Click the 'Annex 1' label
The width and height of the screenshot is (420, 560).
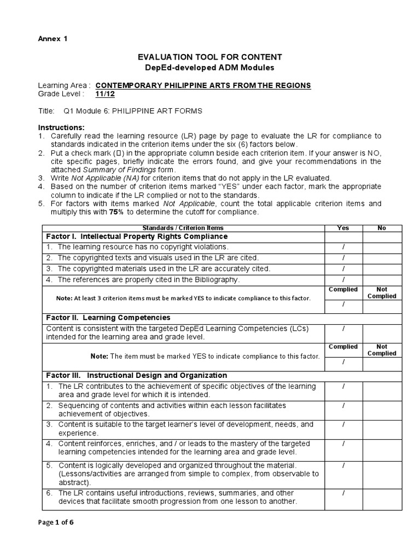pyautogui.click(x=52, y=39)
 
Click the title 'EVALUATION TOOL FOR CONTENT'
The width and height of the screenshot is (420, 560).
pyautogui.click(x=209, y=57)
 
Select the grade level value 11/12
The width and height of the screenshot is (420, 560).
pyautogui.click(x=103, y=94)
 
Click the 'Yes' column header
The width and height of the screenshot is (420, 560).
pyautogui.click(x=343, y=228)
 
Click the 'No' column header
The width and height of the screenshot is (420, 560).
pyautogui.click(x=382, y=228)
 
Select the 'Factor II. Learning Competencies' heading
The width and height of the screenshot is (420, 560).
pyautogui.click(x=108, y=318)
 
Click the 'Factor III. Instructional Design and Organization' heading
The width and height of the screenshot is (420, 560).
pyautogui.click(x=137, y=375)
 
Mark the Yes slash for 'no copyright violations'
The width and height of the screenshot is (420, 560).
pyautogui.click(x=343, y=247)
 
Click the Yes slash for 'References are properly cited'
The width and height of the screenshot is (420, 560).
pyautogui.click(x=343, y=279)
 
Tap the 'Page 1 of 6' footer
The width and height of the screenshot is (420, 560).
pyautogui.click(x=55, y=522)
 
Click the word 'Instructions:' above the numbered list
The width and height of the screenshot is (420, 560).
pyautogui.click(x=60, y=127)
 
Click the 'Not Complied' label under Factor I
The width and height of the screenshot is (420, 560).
pyautogui.click(x=382, y=293)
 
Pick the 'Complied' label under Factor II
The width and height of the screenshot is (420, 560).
pyautogui.click(x=343, y=347)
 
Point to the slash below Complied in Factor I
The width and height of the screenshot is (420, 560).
pyautogui.click(x=343, y=304)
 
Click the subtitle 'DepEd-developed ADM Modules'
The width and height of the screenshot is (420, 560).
pyautogui.click(x=209, y=67)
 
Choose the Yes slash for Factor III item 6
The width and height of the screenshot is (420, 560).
pyautogui.click(x=343, y=493)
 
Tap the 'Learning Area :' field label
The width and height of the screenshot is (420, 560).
pyautogui.click(x=65, y=86)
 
